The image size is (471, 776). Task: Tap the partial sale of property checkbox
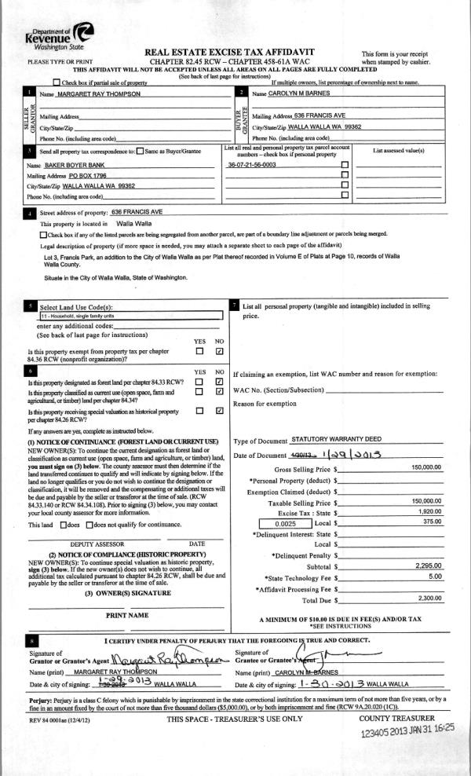(x=56, y=82)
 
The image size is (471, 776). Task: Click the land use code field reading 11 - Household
(x=130, y=316)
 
